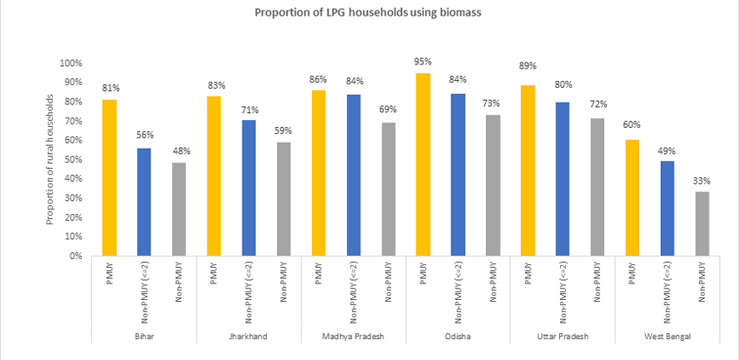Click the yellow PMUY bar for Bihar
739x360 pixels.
click(109, 177)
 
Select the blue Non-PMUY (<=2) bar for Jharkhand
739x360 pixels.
click(249, 188)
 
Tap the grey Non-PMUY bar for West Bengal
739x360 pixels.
click(702, 223)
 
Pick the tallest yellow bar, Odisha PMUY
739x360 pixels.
click(423, 164)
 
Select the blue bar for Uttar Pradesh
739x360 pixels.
click(563, 178)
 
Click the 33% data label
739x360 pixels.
click(702, 181)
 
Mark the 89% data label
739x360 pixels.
click(528, 65)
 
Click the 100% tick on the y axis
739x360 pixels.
click(70, 63)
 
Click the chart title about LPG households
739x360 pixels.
click(369, 13)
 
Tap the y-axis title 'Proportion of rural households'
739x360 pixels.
click(50, 159)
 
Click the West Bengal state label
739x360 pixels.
click(667, 336)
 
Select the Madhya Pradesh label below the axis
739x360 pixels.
click(353, 336)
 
